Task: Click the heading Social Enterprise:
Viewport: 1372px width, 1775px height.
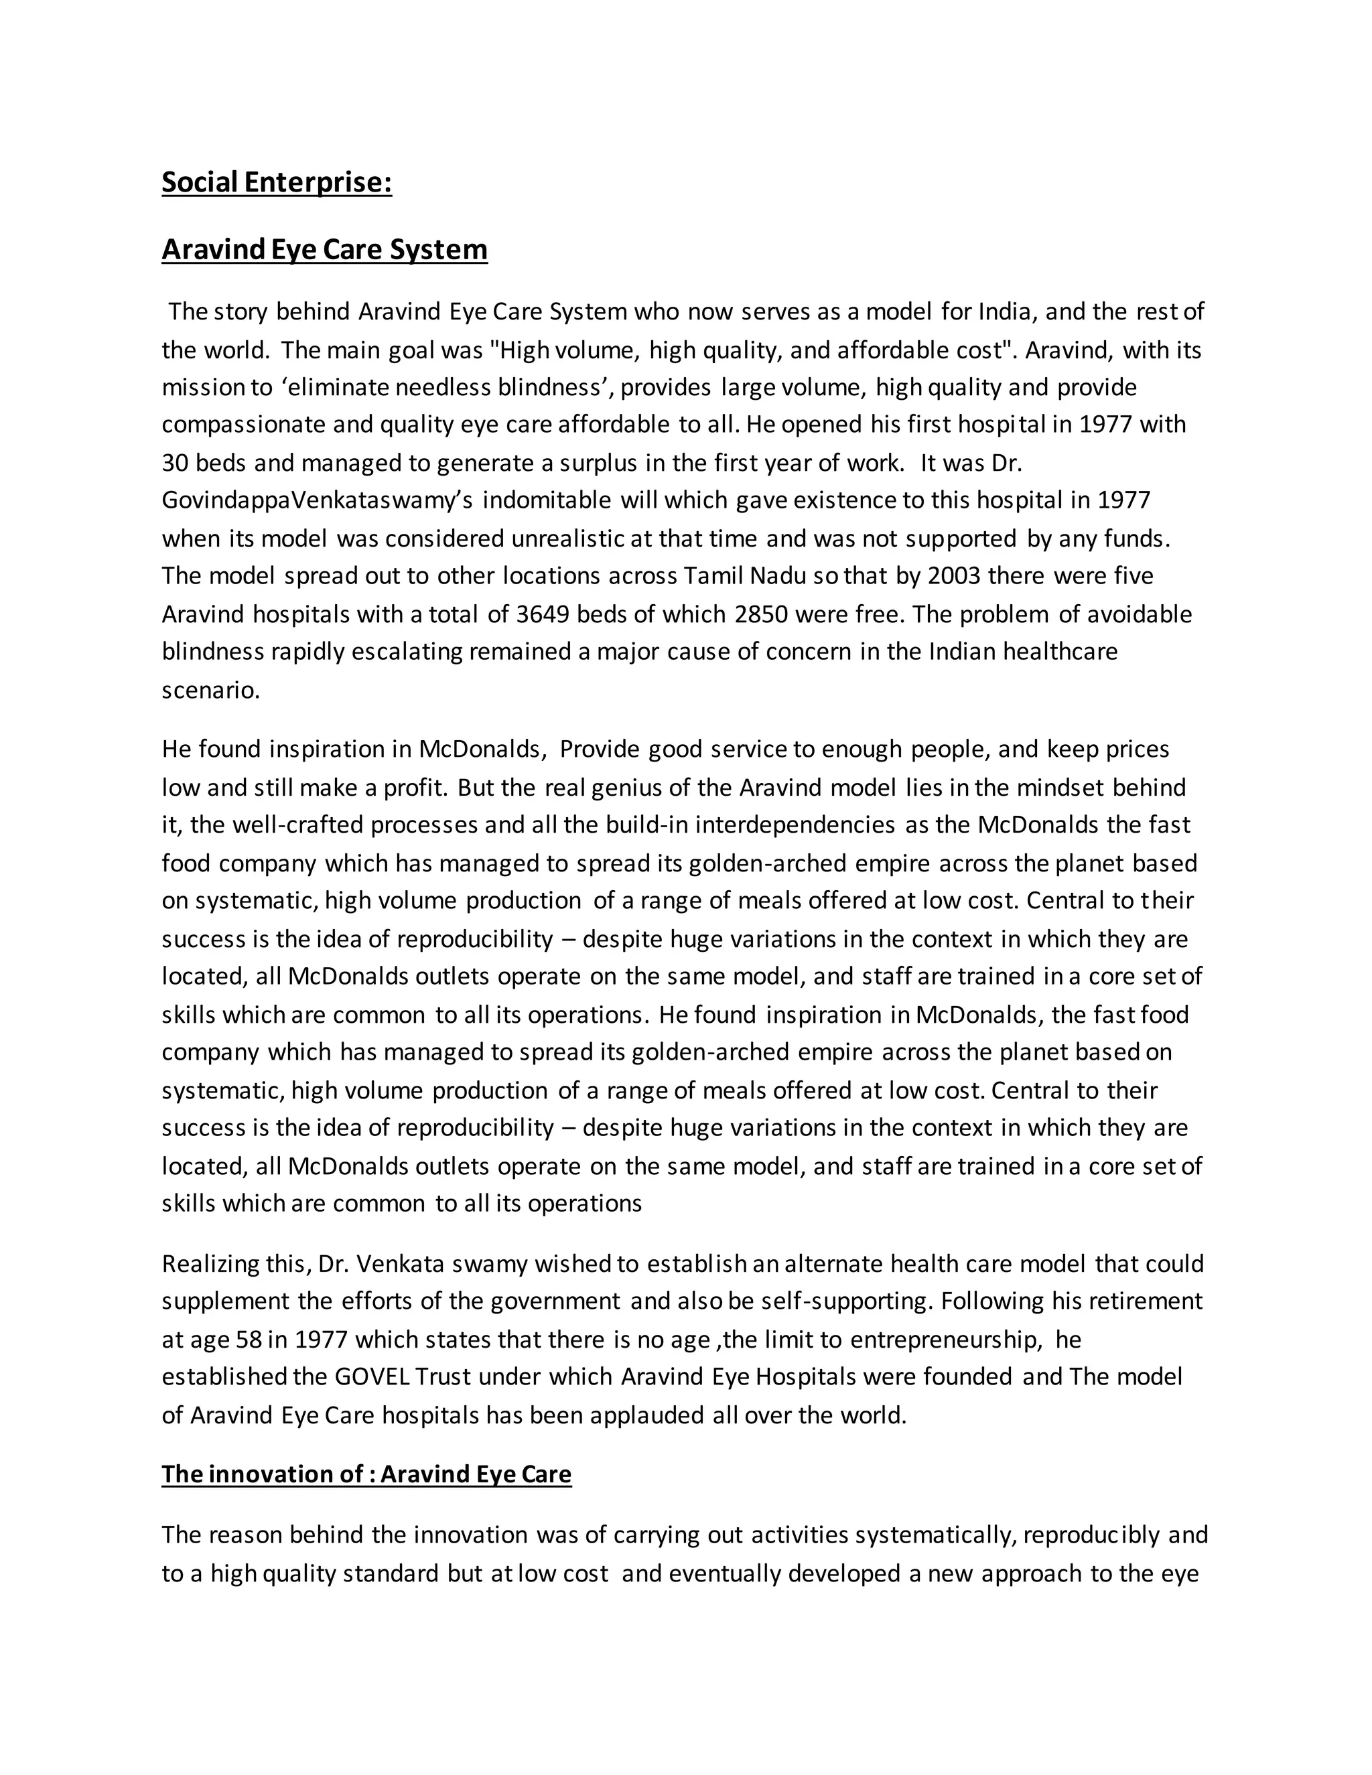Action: coord(277,182)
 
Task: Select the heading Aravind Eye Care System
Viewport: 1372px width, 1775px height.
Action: coord(324,248)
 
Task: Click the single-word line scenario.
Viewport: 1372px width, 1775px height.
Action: coord(210,690)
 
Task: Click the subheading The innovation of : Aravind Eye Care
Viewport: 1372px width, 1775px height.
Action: coord(366,1474)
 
